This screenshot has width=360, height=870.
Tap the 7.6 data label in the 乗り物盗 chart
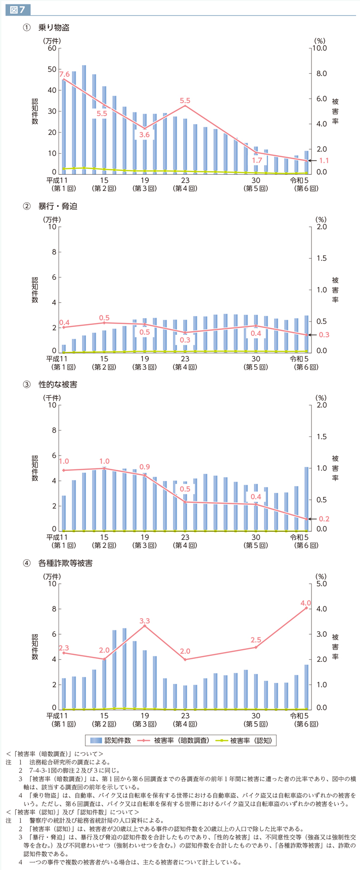pos(64,74)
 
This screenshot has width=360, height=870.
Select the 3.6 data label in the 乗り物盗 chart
pos(144,135)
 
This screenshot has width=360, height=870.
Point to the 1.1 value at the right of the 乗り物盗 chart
pos(324,161)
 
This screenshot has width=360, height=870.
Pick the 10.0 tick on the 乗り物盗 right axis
pos(320,48)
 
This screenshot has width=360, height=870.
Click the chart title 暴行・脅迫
pos(58,206)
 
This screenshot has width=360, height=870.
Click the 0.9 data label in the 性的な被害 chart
pos(144,466)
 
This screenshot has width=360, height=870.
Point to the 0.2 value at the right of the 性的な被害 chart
pos(324,519)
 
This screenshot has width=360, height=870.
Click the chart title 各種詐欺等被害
pos(65,563)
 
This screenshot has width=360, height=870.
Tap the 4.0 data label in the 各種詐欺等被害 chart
pos(305,603)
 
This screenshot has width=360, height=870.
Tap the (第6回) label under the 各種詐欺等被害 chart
pos(305,724)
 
